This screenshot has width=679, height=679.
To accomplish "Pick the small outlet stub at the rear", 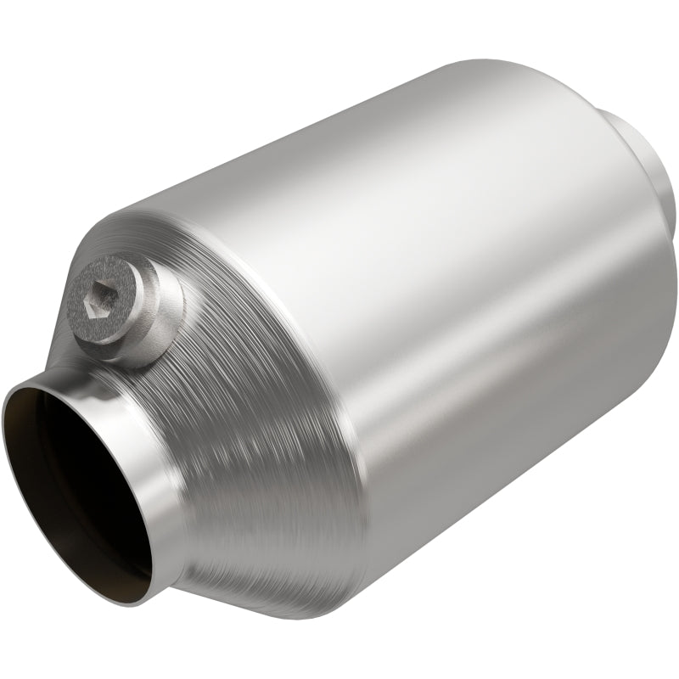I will tap(645, 153).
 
